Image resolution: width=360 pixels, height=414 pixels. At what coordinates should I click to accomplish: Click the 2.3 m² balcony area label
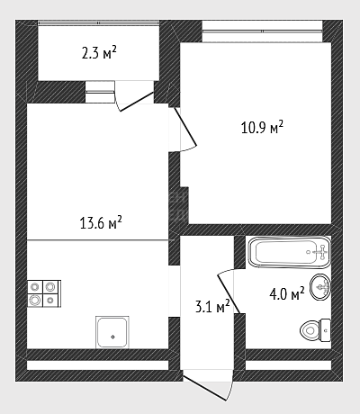[x=99, y=53]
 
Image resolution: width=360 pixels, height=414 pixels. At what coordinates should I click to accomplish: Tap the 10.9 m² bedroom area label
[x=262, y=127]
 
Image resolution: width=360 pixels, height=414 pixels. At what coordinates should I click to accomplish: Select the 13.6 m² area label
[x=101, y=222]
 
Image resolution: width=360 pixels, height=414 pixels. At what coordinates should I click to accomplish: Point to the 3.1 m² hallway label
[x=212, y=307]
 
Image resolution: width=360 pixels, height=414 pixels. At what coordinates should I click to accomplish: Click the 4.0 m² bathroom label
[x=287, y=294]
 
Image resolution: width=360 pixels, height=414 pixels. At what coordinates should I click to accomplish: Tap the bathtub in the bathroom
[x=289, y=252]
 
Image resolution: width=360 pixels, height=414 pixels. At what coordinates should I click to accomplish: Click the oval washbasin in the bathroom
[x=319, y=287]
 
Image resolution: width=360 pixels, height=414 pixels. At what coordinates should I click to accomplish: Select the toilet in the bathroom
[x=315, y=330]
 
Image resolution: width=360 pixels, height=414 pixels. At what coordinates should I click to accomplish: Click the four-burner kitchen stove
[x=44, y=293]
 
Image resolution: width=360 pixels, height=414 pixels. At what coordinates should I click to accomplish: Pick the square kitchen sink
[x=112, y=332]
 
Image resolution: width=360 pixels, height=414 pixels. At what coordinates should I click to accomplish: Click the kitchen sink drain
[x=112, y=337]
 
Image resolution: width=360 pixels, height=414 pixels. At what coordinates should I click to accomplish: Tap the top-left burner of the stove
[x=35, y=286]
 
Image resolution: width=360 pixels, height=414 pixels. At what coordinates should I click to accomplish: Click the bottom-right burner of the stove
[x=50, y=300]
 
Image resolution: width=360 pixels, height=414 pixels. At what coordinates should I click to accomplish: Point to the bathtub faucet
[x=321, y=252]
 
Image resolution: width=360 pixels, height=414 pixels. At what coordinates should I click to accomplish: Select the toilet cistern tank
[x=325, y=330]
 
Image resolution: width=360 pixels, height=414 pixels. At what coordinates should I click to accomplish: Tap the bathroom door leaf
[x=229, y=294]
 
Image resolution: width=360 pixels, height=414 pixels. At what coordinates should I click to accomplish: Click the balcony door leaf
[x=137, y=102]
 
